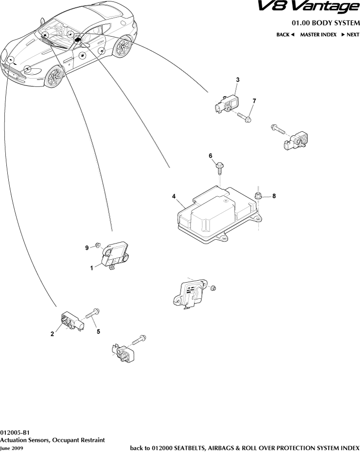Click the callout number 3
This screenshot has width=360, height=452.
tap(237, 80)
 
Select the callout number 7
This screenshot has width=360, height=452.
tap(254, 101)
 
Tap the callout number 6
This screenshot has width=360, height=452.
tap(211, 156)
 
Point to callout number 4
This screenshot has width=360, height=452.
tap(174, 196)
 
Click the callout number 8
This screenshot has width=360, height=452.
tap(274, 196)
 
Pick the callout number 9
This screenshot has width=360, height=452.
tap(87, 248)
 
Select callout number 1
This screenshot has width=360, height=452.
tap(91, 267)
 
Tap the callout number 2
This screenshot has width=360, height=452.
tap(52, 334)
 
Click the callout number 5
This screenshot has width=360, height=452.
tap(98, 331)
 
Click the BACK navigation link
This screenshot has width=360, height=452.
tap(285, 35)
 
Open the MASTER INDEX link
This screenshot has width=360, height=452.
tap(318, 35)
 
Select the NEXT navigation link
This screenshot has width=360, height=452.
tap(350, 35)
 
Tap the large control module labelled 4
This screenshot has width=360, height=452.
tap(215, 215)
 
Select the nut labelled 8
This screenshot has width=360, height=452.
tap(259, 196)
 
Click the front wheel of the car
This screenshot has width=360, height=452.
tap(55, 77)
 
